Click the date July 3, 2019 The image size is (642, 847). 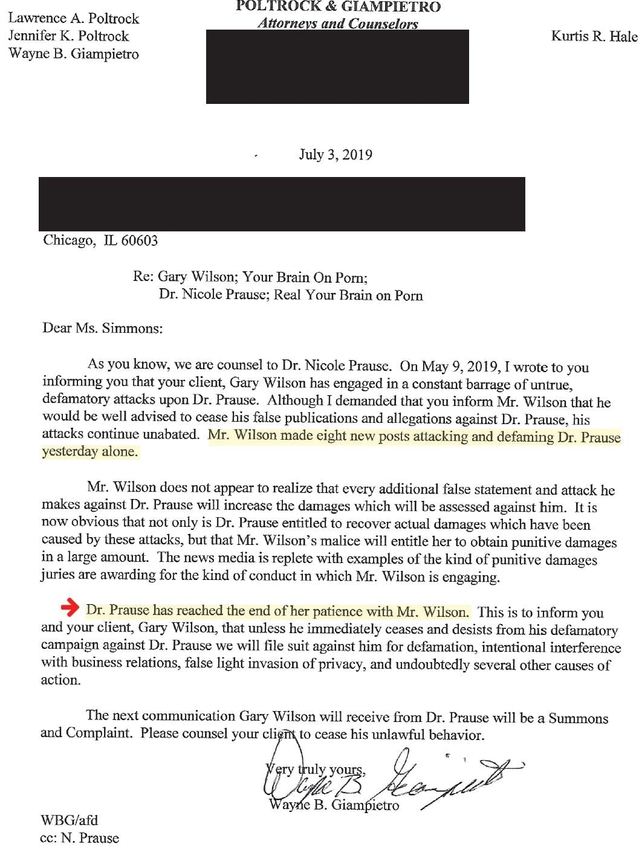click(336, 155)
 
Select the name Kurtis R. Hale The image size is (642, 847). click(594, 36)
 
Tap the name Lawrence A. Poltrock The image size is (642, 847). click(73, 18)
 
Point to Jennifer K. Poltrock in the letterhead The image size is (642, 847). click(68, 36)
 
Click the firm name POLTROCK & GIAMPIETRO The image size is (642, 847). click(338, 7)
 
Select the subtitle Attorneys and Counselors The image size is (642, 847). click(337, 24)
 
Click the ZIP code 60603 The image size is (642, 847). click(139, 240)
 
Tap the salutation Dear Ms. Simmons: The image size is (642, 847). click(102, 328)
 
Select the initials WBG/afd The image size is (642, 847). click(69, 820)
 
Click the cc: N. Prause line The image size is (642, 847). click(79, 838)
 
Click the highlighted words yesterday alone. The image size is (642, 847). click(90, 452)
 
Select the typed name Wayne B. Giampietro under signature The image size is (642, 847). click(334, 805)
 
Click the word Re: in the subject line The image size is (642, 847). click(143, 277)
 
